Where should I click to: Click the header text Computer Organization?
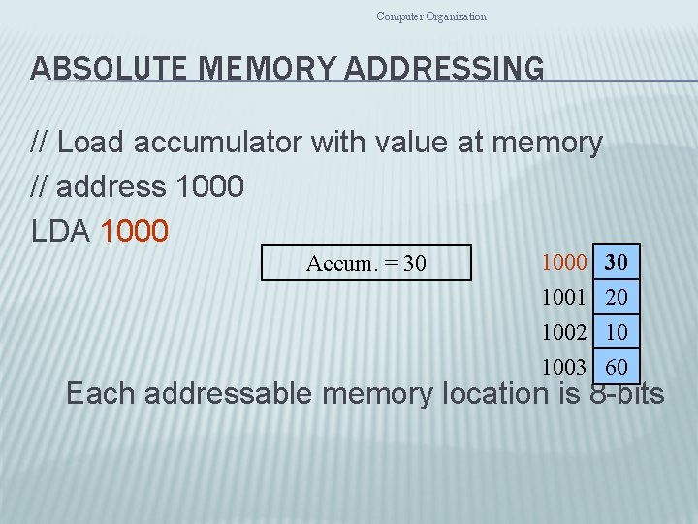click(x=431, y=16)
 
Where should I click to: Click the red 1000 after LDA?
click(x=134, y=232)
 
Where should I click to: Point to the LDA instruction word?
click(x=61, y=232)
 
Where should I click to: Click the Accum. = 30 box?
click(x=366, y=263)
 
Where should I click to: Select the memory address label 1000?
click(x=564, y=262)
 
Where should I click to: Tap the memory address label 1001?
click(x=564, y=297)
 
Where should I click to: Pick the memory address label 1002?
click(x=564, y=332)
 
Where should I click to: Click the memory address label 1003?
click(x=564, y=367)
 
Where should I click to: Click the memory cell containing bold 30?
click(x=616, y=262)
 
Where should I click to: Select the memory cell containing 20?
click(x=616, y=297)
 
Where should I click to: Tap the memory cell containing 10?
click(x=616, y=332)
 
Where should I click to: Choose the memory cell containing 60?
click(x=616, y=367)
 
